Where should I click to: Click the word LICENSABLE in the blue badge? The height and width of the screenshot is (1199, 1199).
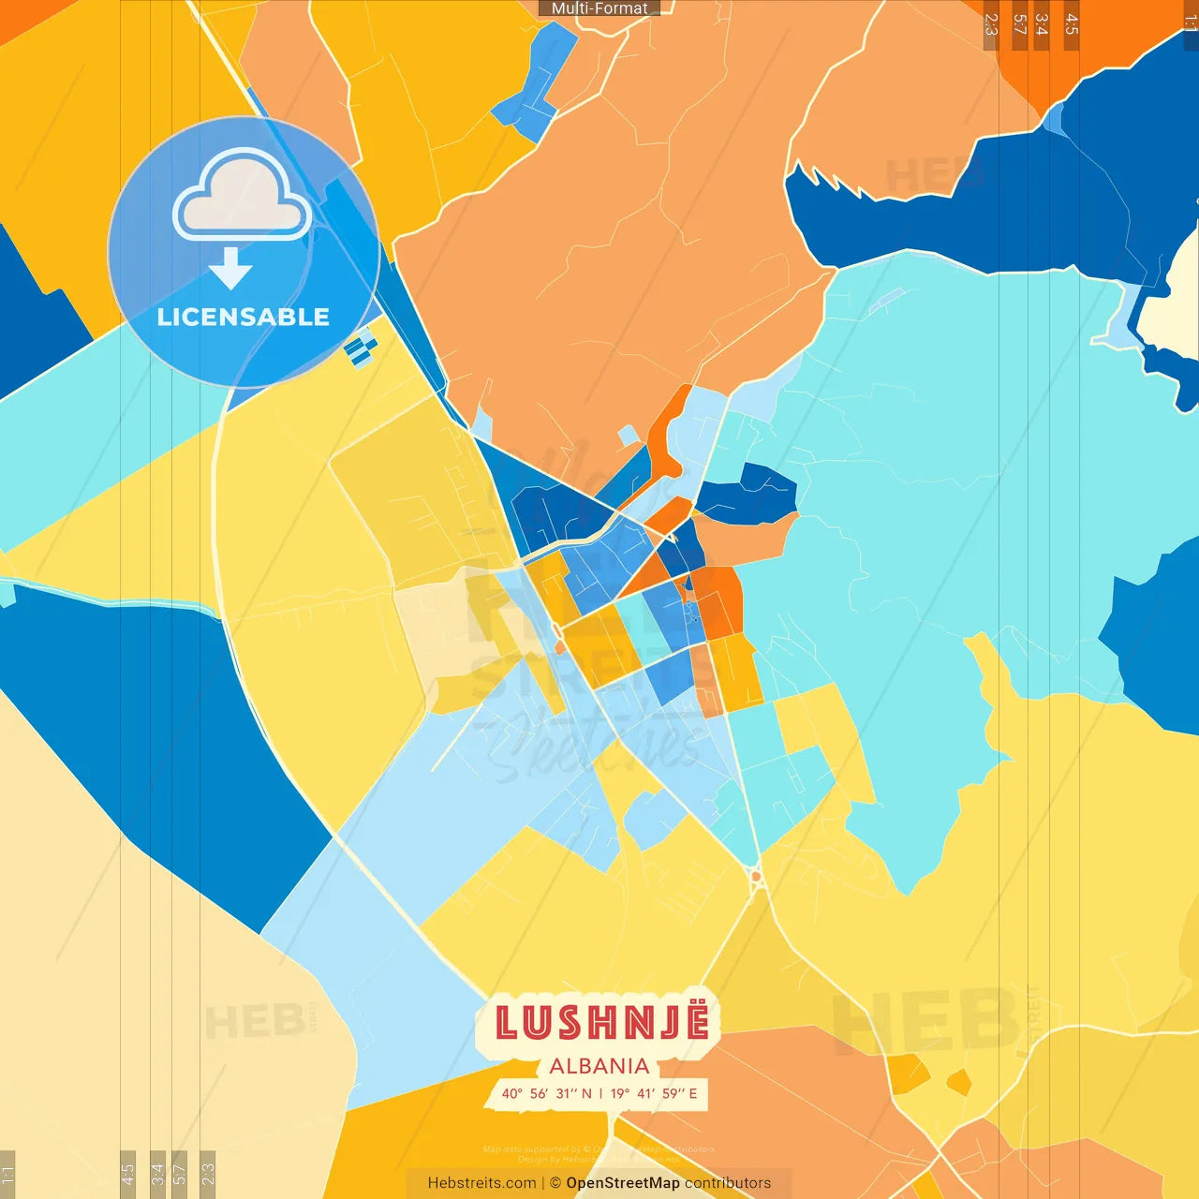[243, 318]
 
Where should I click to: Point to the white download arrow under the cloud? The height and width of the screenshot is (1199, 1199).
[230, 269]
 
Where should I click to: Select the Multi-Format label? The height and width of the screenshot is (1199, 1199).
[599, 8]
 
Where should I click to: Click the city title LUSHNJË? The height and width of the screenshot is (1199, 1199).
[601, 1023]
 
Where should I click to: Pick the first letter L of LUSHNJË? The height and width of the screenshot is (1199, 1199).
[507, 1023]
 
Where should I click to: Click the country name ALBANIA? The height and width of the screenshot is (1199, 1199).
[599, 1066]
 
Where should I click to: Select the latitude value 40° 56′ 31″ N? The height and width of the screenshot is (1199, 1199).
[546, 1093]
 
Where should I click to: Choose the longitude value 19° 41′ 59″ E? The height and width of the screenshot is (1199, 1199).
[654, 1093]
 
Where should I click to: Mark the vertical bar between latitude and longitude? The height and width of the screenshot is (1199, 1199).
[600, 1093]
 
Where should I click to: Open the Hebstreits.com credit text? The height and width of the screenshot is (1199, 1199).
[481, 1183]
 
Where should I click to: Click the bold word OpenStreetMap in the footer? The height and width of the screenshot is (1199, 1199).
[623, 1183]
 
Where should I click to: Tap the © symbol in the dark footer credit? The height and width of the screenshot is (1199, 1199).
[555, 1183]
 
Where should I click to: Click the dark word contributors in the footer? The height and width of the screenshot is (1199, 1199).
[728, 1183]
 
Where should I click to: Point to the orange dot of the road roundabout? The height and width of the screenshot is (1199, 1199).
[756, 877]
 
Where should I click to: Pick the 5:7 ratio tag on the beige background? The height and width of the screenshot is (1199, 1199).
[179, 1172]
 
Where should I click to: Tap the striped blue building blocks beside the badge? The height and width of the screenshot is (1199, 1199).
[361, 348]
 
